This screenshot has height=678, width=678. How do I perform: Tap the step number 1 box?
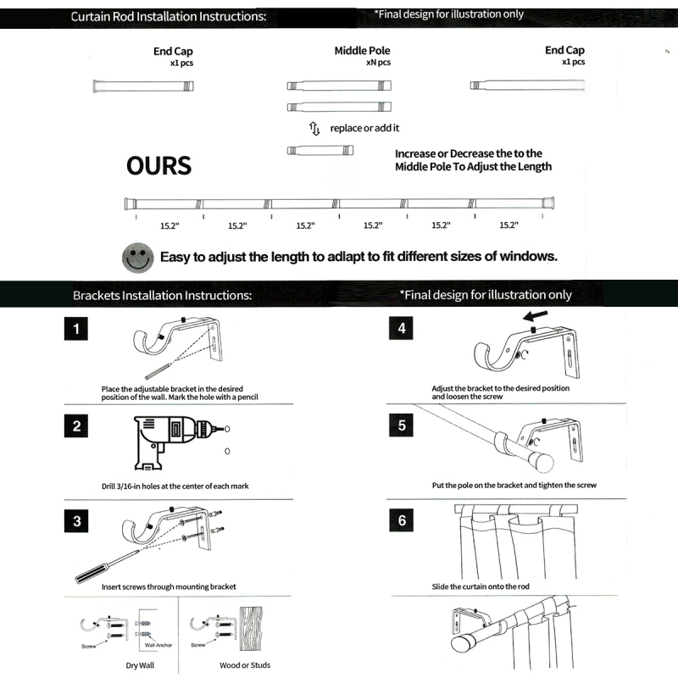76,329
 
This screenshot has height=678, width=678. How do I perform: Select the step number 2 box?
76,426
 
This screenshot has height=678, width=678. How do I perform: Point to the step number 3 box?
76,520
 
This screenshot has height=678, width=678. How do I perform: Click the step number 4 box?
402,329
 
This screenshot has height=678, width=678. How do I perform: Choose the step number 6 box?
402,520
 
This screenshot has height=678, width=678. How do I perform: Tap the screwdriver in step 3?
106,567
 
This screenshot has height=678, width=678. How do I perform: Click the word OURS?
158,165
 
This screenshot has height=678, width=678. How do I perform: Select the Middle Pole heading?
362,51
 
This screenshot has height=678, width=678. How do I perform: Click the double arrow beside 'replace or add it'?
314,128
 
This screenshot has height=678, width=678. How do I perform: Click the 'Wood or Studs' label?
245,665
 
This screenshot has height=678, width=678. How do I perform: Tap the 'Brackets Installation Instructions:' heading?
162,295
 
